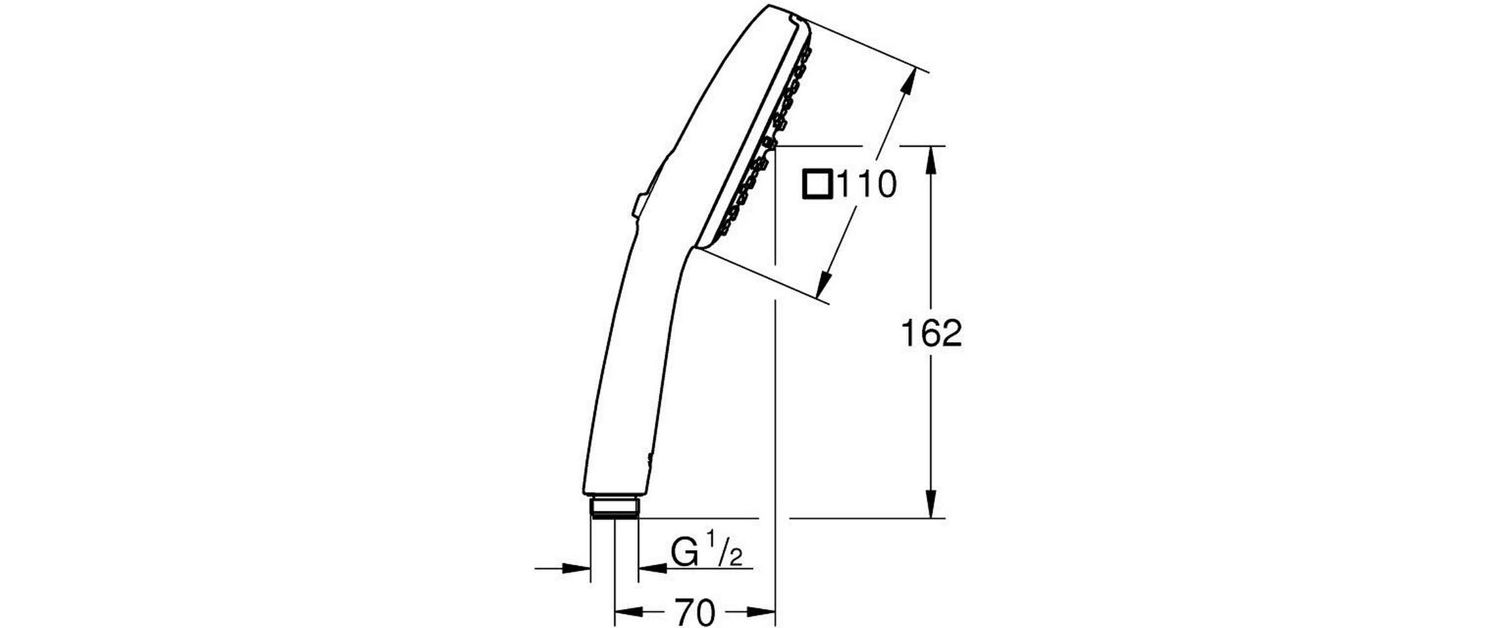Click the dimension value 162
click(931, 334)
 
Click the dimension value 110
click(866, 185)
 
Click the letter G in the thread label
click(685, 553)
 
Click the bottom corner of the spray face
click(699, 249)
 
